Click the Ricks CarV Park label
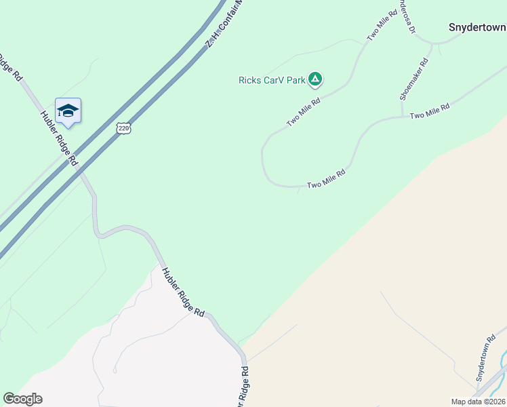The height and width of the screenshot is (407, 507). click(x=271, y=80)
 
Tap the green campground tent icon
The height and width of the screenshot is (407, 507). click(x=315, y=80)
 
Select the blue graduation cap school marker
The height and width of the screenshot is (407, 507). click(x=68, y=110)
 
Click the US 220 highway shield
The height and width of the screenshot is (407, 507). click(x=123, y=128)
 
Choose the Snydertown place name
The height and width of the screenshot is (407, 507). click(x=478, y=28)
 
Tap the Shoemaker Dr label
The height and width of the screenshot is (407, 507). click(x=413, y=79)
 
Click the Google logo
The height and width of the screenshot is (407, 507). click(x=22, y=399)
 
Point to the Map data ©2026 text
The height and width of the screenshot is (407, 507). click(x=478, y=402)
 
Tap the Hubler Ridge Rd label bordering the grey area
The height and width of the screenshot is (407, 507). click(x=183, y=292)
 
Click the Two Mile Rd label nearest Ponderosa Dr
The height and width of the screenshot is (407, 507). click(x=382, y=25)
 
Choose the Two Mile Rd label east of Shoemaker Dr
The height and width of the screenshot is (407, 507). click(x=430, y=112)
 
